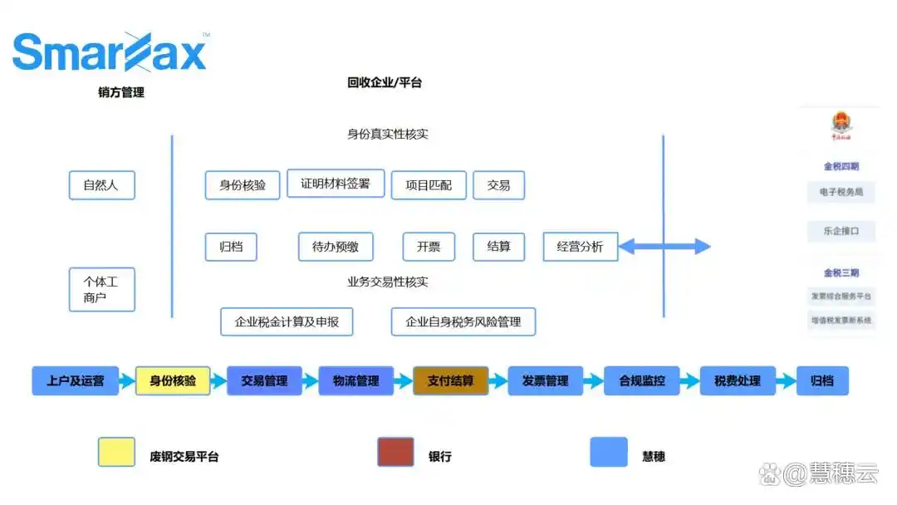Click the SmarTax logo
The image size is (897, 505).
110,52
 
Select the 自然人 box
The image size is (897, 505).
101,185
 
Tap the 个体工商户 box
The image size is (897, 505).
101,289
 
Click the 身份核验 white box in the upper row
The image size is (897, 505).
243,185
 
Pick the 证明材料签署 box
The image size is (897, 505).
336,184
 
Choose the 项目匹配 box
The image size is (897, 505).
429,185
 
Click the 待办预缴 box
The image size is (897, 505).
336,247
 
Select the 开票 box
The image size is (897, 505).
429,247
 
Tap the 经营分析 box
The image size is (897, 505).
581,247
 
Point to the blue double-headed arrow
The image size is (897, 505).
664,246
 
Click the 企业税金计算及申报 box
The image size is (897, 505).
287,321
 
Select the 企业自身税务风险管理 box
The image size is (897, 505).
463,321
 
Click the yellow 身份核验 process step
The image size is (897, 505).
173,381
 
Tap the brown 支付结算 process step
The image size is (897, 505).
451,381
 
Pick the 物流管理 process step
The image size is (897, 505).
356,381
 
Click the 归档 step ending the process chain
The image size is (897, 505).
822,381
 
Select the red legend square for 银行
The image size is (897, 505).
395,452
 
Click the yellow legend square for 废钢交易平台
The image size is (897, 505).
116,452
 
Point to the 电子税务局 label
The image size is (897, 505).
841,192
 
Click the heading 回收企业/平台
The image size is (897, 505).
385,83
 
